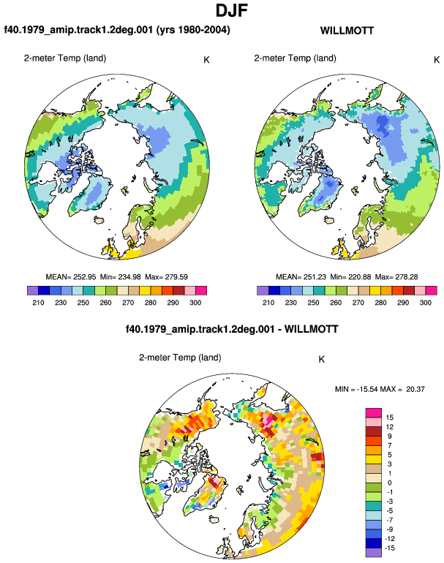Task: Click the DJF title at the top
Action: tap(232, 10)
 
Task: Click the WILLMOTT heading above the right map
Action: tap(347, 31)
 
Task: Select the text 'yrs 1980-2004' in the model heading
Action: tap(193, 29)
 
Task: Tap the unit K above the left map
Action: tap(206, 60)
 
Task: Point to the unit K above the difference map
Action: tap(322, 359)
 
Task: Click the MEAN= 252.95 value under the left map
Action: tap(71, 277)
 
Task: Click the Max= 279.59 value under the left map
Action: tap(166, 277)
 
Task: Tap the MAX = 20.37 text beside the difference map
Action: tap(402, 389)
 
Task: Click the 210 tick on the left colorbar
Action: tap(38, 303)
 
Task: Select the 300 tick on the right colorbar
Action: tap(425, 303)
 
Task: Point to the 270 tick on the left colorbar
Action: tap(128, 303)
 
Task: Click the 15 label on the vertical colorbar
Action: tap(390, 417)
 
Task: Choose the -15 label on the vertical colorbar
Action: tap(389, 548)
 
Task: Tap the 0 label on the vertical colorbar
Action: tap(390, 483)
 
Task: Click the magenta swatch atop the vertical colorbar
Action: tap(374, 412)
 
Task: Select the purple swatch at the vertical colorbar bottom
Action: tap(374, 553)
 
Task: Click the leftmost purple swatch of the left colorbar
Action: tap(33, 290)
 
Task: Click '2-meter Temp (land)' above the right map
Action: tap(296, 58)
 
